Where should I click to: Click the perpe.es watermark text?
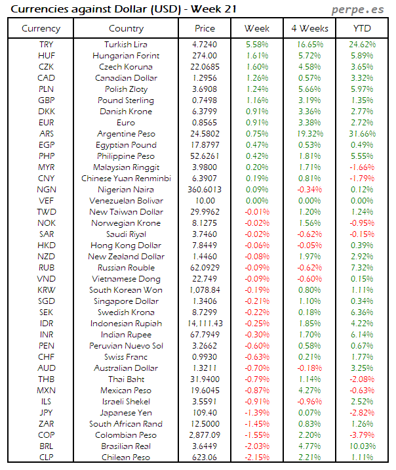point(358,9)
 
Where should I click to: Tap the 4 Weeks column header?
point(309,28)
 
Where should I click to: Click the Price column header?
point(205,28)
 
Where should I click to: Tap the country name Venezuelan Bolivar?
point(126,201)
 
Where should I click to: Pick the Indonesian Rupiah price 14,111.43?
point(205,324)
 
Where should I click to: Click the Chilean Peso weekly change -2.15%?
point(256,458)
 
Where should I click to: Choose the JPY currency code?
point(47,413)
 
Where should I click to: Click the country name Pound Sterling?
point(126,100)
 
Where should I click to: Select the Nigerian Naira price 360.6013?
point(205,190)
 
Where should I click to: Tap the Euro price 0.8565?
point(205,123)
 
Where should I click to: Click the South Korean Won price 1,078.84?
point(205,290)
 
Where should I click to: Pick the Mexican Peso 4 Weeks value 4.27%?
point(309,391)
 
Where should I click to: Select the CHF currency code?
point(47,357)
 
